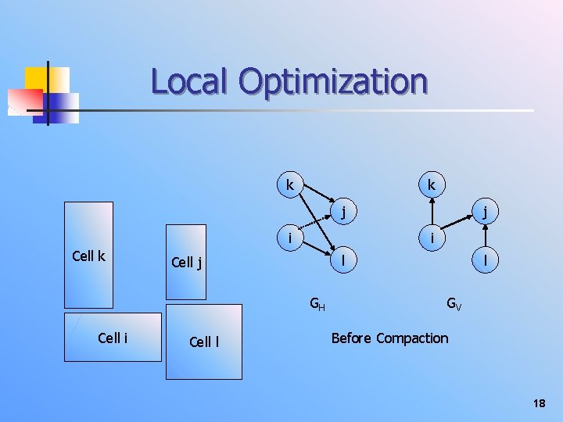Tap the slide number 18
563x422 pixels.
click(538, 403)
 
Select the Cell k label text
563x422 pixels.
click(88, 256)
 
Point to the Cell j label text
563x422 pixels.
click(186, 263)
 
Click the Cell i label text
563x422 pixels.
click(113, 338)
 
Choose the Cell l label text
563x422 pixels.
click(203, 342)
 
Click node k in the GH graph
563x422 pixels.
click(290, 186)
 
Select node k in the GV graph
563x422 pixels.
click(431, 186)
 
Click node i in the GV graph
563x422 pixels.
click(431, 235)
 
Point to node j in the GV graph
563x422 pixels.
click(486, 210)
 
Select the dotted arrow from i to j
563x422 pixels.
click(316, 224)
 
